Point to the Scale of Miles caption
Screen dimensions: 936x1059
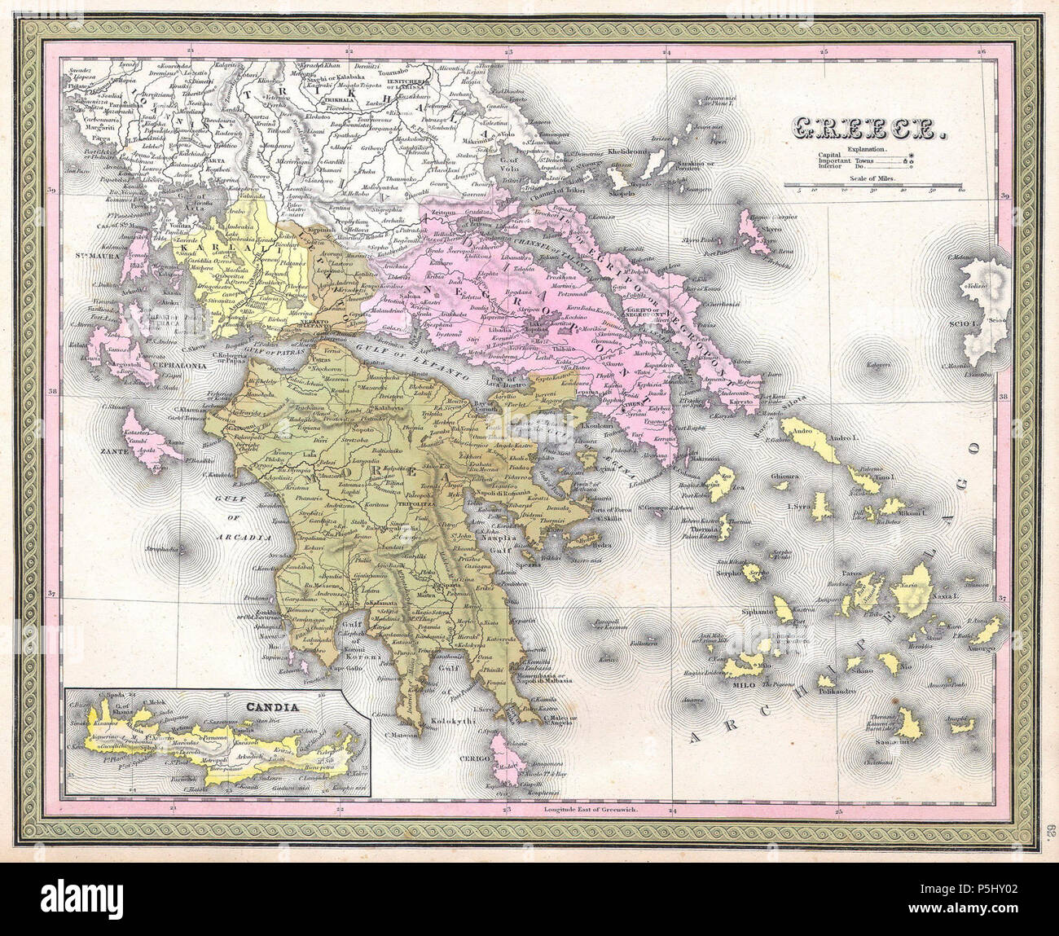pyautogui.click(x=872, y=178)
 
